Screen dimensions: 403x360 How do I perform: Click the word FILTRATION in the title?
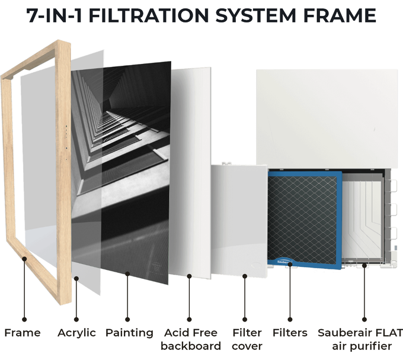coord(148,15)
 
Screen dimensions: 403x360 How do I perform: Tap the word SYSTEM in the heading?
coord(255,15)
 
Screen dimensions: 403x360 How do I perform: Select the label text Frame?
coord(23,333)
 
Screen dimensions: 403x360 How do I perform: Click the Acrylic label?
coord(76,333)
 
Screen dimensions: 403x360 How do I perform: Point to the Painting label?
coord(129,333)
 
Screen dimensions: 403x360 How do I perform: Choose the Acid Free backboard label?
coord(191,339)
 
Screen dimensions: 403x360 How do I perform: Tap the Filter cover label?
coord(247,339)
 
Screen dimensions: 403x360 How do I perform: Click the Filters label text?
coord(290,333)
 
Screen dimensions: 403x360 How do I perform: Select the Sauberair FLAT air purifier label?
coord(360,339)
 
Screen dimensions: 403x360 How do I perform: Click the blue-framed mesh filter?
coord(305,220)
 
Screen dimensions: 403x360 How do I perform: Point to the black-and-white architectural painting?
coord(121,172)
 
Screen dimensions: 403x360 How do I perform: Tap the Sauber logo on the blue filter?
coord(284,262)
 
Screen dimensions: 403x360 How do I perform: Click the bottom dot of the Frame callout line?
coord(24,319)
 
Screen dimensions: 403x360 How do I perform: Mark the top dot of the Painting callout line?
coord(127,274)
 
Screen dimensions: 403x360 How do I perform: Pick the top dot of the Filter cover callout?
coord(245,277)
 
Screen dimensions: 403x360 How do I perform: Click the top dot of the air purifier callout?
coord(364,265)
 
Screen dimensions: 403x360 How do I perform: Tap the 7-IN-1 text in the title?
coord(55,15)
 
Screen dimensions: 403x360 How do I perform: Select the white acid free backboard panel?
coord(190,172)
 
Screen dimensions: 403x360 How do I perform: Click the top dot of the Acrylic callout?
coord(76,278)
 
